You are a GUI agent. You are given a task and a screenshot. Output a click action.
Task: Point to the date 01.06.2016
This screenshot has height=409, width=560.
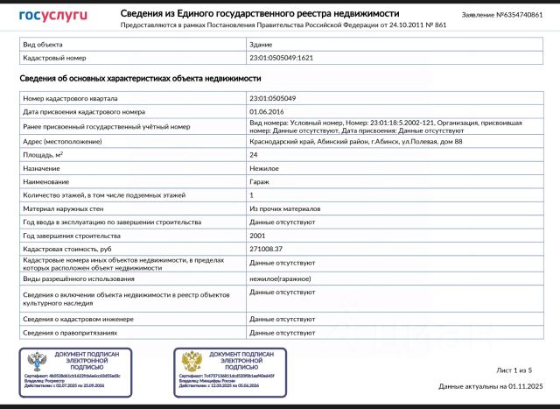tap(267, 112)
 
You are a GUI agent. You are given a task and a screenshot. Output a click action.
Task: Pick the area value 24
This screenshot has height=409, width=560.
tap(254, 154)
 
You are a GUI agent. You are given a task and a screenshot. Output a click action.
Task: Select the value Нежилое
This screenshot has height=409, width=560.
tap(264, 168)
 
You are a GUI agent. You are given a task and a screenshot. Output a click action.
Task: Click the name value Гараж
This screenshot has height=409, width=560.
tap(261, 181)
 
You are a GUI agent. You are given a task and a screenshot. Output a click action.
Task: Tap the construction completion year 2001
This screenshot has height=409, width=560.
tap(258, 236)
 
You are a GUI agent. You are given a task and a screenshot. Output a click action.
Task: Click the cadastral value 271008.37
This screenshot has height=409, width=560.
tap(267, 250)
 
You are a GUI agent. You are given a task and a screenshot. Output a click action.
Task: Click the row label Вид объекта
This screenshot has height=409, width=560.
tap(43, 42)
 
